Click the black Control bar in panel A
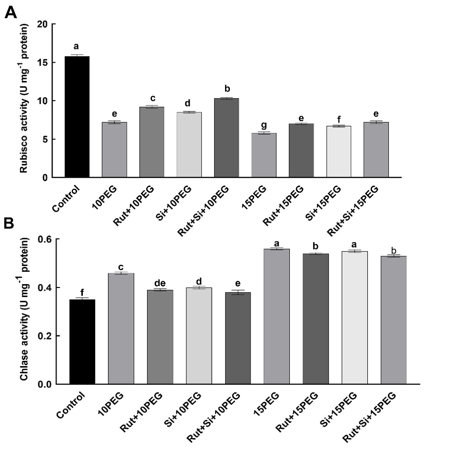tap(76, 117)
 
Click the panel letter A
tap(11, 12)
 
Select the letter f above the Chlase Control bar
tap(82, 292)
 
